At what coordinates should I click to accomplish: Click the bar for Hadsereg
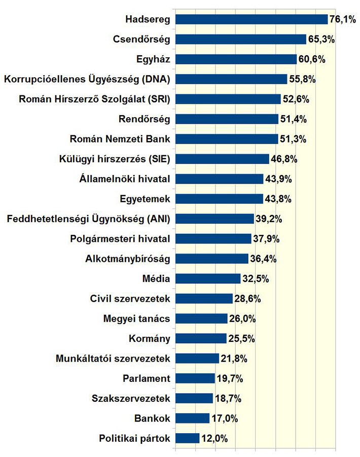coord(251,19)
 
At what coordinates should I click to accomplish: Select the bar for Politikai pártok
coord(187,438)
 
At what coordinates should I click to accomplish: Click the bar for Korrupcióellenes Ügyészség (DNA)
coord(231,79)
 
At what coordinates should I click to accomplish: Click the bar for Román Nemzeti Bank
coord(226,139)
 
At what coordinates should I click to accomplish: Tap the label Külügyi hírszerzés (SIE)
coord(114,159)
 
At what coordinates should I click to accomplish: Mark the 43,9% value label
coord(278,179)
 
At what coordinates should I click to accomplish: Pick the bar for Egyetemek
coord(219,198)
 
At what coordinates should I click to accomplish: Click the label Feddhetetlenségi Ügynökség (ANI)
coord(88,219)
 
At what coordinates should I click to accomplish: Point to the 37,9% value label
coord(266,238)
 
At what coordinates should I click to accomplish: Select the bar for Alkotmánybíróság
coord(211,258)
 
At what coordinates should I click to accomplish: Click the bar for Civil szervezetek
coord(203,298)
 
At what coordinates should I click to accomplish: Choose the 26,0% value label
coord(241,319)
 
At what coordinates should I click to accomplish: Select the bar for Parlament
coord(195,378)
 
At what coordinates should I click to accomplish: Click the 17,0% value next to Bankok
coord(224,418)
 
